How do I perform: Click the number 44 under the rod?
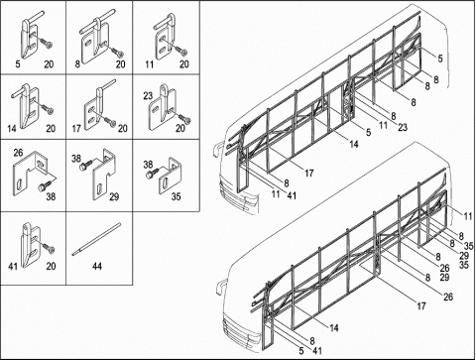pyautogui.click(x=97, y=266)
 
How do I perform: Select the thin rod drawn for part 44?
pyautogui.click(x=96, y=239)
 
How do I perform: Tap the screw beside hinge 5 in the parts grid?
pyautogui.click(x=46, y=42)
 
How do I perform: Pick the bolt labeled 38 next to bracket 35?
pyautogui.click(x=152, y=173)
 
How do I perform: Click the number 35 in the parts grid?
pyautogui.click(x=177, y=196)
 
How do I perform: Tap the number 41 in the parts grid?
pyautogui.click(x=13, y=266)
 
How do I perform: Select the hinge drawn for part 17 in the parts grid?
pyautogui.click(x=96, y=107)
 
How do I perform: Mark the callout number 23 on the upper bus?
pyautogui.click(x=403, y=127)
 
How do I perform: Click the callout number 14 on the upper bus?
pyautogui.click(x=354, y=144)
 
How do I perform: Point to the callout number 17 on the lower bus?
pyautogui.click(x=421, y=306)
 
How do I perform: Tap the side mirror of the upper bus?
pyautogui.click(x=216, y=148)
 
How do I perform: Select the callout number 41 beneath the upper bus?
pyautogui.click(x=292, y=195)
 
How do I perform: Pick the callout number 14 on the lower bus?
pyautogui.click(x=334, y=328)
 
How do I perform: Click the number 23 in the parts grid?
pyautogui.click(x=148, y=96)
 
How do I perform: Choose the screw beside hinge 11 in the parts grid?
pyautogui.click(x=180, y=50)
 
